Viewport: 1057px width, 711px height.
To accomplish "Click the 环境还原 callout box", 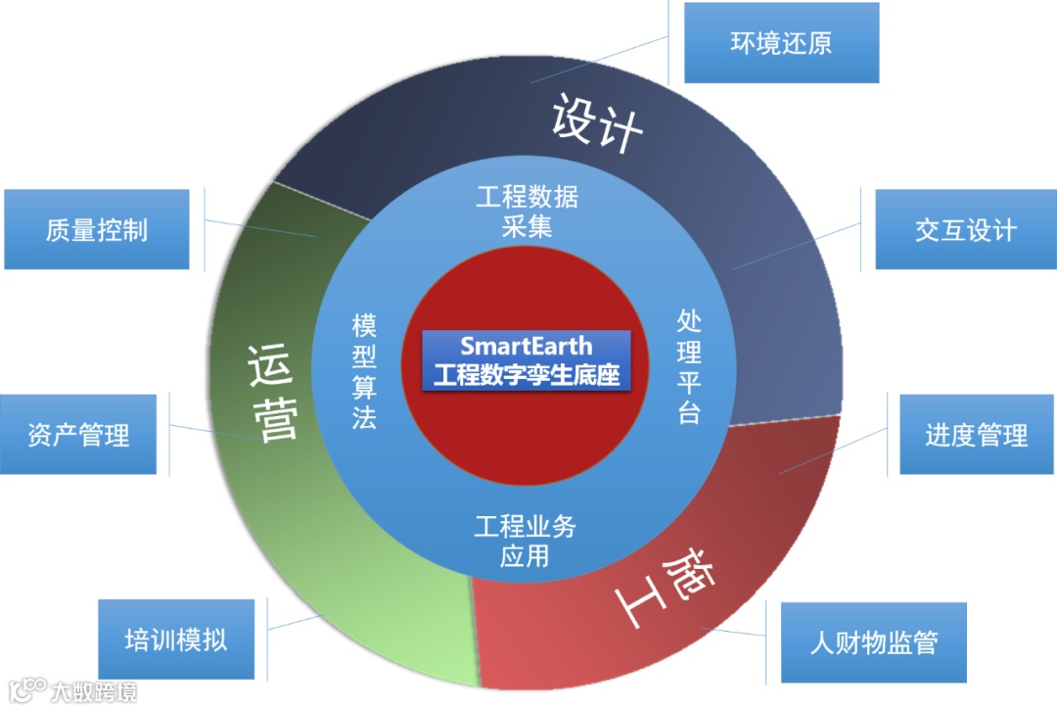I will pyautogui.click(x=781, y=43).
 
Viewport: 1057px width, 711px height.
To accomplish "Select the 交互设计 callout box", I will pyautogui.click(x=965, y=229).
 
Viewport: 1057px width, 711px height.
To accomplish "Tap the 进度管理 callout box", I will pyautogui.click(x=977, y=434).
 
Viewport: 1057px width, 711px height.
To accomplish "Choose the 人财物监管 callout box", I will pyautogui.click(x=873, y=642).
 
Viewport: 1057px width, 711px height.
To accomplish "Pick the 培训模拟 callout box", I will pyautogui.click(x=176, y=640).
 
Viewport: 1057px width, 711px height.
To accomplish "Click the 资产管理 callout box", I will pyautogui.click(x=78, y=434).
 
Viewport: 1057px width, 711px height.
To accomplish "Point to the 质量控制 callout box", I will pyautogui.click(x=96, y=229).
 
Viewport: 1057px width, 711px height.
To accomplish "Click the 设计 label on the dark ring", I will pyautogui.click(x=596, y=122).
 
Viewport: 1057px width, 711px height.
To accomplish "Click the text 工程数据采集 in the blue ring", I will pyautogui.click(x=528, y=211).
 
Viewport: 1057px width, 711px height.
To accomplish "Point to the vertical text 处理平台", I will pyautogui.click(x=689, y=366).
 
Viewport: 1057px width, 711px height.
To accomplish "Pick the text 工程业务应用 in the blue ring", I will pyautogui.click(x=526, y=542).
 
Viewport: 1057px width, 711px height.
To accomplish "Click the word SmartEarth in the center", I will pyautogui.click(x=527, y=346).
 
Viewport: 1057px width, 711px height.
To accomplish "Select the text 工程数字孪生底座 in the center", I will pyautogui.click(x=527, y=374).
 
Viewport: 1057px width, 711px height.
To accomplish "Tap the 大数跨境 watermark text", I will pyautogui.click(x=94, y=691).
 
